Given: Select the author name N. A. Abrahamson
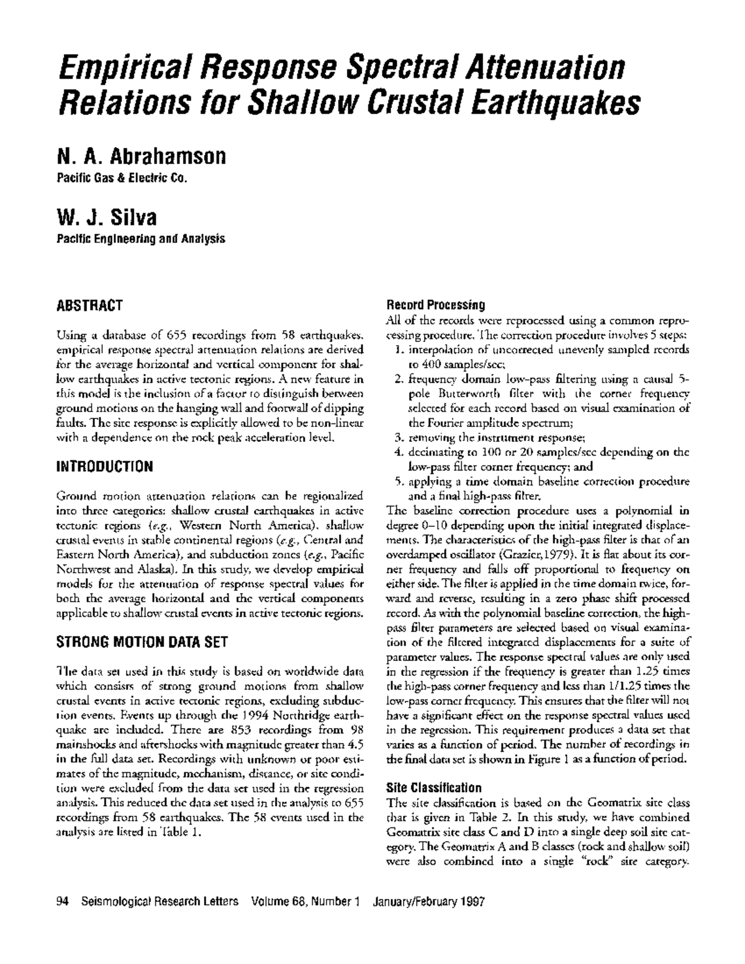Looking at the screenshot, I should tap(142, 156).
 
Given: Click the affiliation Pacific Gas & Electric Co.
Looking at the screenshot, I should tap(122, 179).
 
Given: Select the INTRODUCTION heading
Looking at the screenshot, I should tap(104, 466).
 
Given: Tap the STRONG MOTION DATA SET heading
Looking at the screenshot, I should tap(142, 642).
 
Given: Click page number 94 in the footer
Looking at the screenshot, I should tap(61, 901).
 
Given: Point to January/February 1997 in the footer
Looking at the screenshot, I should tap(428, 901).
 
